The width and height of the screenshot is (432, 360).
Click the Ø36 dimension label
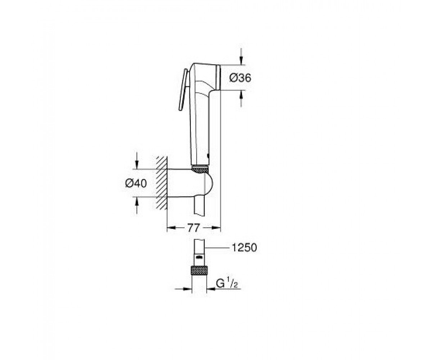click(240, 78)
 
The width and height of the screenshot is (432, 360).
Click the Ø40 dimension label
click(136, 183)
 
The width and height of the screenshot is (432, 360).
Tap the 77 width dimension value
click(193, 228)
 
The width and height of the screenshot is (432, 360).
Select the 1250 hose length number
click(244, 247)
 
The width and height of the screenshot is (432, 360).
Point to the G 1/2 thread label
click(227, 283)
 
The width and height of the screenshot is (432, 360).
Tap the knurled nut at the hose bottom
click(199, 271)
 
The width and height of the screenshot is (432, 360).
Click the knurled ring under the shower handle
click(200, 169)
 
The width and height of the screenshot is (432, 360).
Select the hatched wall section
click(162, 183)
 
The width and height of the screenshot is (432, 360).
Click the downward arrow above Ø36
click(241, 57)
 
